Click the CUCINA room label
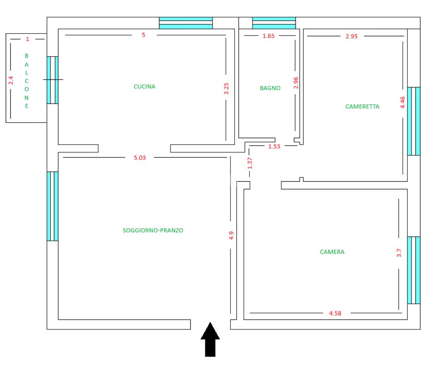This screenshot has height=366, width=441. coord(144,87)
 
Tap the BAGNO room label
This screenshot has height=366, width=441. coord(270,88)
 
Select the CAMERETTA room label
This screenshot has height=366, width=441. coord(362,106)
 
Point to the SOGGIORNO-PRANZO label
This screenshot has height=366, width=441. coord(153,231)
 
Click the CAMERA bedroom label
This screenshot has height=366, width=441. coord(332,252)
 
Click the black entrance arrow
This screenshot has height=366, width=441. coord(210,339)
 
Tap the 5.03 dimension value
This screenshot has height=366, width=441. coord(140,158)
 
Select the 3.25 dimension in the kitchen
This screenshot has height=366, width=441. coord(226,89)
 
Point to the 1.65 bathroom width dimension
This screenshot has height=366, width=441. coord(268,36)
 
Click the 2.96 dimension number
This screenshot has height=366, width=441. coord(296,83)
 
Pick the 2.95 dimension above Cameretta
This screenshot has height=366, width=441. coord(352,36)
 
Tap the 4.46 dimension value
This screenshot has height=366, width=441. coord(402,102)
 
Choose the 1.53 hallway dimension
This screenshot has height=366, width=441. coord(274,146)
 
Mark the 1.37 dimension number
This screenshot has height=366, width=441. coord(250,163)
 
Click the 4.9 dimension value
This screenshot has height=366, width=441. coord(231,235)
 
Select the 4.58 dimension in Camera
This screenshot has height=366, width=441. coord(335,313)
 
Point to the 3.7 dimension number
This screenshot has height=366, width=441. coord(399,253)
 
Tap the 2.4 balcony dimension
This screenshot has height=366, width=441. coord(11,80)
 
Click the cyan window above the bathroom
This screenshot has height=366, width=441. coord(274,23)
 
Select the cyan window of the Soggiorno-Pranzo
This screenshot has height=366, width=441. coord(53,206)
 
